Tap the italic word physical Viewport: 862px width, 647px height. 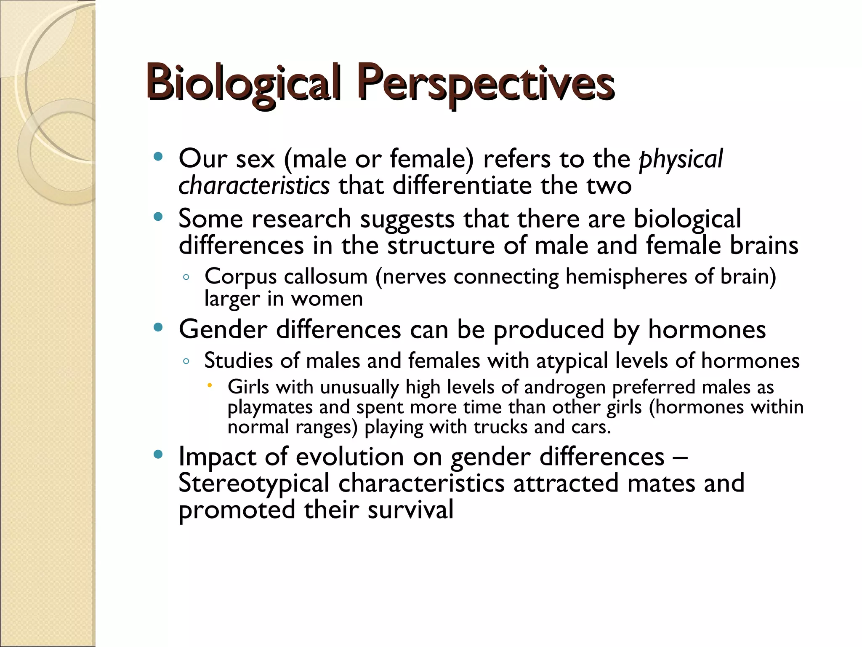pyautogui.click(x=681, y=159)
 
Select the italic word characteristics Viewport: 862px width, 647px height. pyautogui.click(x=254, y=186)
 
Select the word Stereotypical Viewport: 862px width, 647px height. pyautogui.click(x=254, y=483)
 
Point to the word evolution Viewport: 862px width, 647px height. pyautogui.click(x=350, y=457)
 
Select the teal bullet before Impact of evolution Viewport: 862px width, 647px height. pyautogui.click(x=158, y=455)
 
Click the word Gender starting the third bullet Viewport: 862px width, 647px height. pyautogui.click(x=223, y=329)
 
